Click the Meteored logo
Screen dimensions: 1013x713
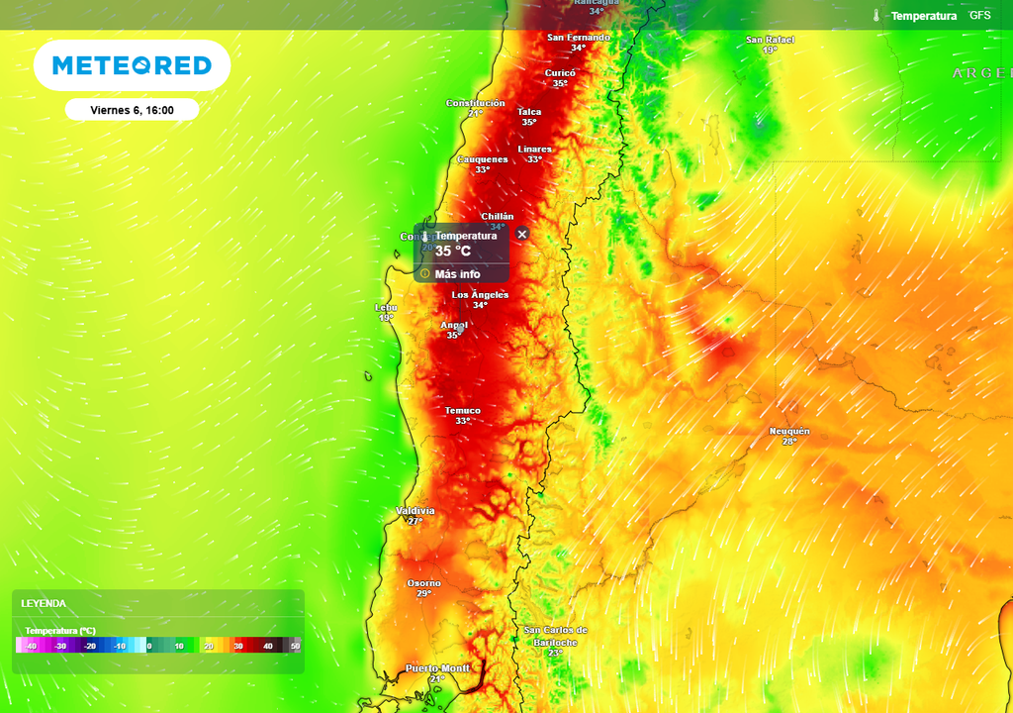(x=132, y=65)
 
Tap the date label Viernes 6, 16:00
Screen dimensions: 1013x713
(x=132, y=110)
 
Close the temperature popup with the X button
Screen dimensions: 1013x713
(x=522, y=234)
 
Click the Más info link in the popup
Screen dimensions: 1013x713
(x=457, y=274)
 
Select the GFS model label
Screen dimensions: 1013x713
(x=979, y=16)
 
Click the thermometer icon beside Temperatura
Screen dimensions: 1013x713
(x=876, y=16)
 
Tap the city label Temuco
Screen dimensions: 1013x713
(x=462, y=411)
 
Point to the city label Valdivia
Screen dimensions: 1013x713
(x=414, y=511)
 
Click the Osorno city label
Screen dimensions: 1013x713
(x=423, y=583)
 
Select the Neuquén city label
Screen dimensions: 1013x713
(x=789, y=431)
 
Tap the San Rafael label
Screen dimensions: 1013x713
(x=770, y=40)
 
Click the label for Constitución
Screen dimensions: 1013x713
(x=475, y=103)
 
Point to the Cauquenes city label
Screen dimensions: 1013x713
(x=482, y=159)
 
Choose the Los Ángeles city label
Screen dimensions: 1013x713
(x=480, y=295)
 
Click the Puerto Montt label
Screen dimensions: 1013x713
(x=437, y=669)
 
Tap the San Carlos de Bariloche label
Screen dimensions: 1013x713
(x=555, y=636)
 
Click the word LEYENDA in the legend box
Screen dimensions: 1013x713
(x=44, y=603)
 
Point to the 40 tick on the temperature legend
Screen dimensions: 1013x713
(x=267, y=646)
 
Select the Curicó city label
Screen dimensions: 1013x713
(x=560, y=73)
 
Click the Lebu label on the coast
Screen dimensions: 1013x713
(x=386, y=308)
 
